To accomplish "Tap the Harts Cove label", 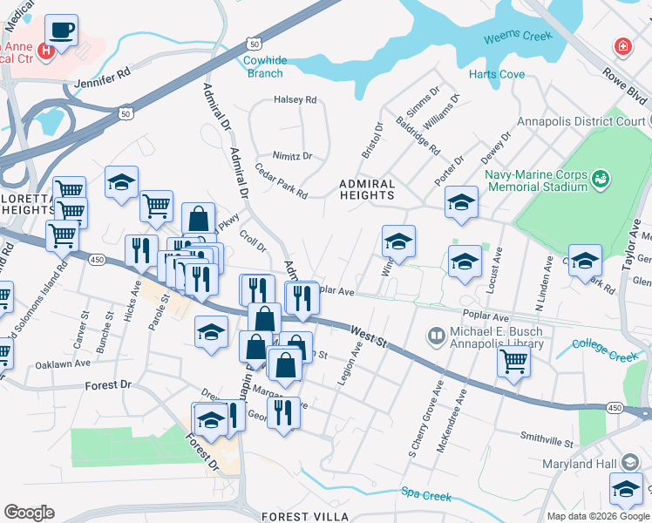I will click(x=497, y=75).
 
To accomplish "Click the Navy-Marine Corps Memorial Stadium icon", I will click(x=600, y=179).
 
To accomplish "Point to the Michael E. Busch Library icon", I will click(x=436, y=336).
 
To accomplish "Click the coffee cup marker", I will click(x=61, y=31).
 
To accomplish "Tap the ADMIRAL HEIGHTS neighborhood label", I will click(x=367, y=190).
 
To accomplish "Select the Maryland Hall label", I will click(x=580, y=463).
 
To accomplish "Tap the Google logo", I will click(x=29, y=513).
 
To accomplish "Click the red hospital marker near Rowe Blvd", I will click(x=622, y=45).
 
